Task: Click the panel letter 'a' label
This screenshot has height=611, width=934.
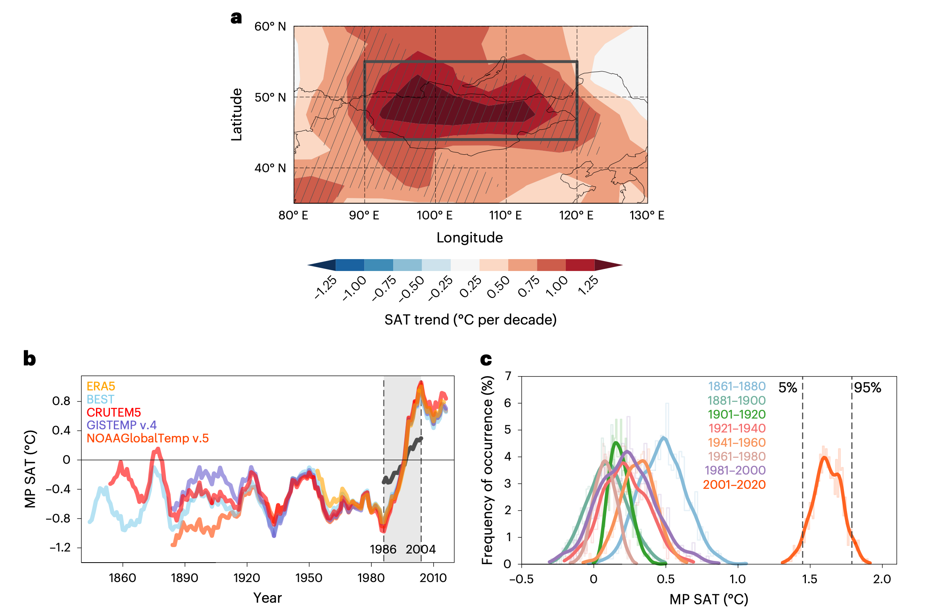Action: [x=236, y=18]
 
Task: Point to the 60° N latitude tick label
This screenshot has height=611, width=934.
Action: [x=270, y=27]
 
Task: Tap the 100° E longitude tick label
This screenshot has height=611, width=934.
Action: [x=434, y=215]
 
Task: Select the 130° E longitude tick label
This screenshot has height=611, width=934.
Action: [x=647, y=215]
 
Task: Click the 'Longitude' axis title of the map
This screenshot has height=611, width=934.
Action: [x=469, y=238]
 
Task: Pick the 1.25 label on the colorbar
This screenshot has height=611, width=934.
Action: [x=588, y=285]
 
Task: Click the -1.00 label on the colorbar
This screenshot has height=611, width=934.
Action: [x=354, y=288]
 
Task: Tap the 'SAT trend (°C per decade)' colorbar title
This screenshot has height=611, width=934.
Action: [x=470, y=320]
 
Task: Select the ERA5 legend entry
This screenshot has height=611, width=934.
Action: [x=101, y=386]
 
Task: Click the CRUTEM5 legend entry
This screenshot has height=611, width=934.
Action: [x=113, y=412]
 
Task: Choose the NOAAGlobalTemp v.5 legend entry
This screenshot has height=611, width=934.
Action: [x=147, y=438]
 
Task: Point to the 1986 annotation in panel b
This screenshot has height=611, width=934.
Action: [x=383, y=549]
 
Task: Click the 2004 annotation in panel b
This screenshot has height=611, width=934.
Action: [x=421, y=549]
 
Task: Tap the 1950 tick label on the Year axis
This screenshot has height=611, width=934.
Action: [x=309, y=578]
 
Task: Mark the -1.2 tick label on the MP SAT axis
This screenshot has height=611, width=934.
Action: [x=60, y=548]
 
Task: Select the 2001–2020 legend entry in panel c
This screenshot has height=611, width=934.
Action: [x=734, y=484]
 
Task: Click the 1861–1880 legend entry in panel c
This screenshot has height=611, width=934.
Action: [x=736, y=386]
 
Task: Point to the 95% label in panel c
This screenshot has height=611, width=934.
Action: [x=867, y=388]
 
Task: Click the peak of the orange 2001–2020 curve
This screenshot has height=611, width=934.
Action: [x=824, y=457]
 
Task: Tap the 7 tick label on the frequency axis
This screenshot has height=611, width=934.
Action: [x=508, y=376]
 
